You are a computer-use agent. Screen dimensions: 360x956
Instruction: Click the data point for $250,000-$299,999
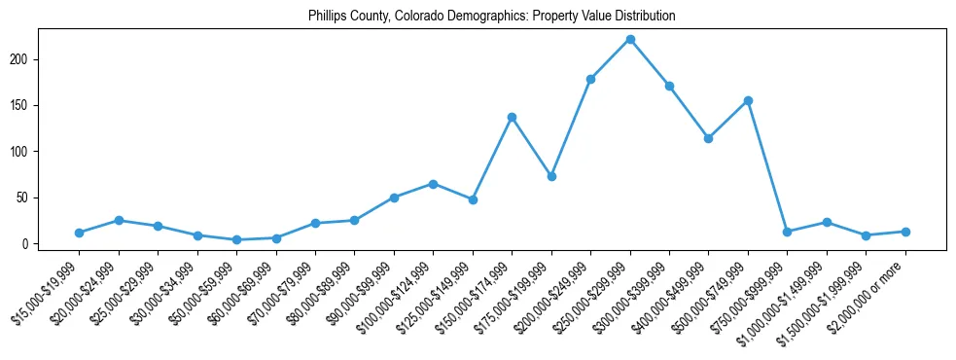click(630, 39)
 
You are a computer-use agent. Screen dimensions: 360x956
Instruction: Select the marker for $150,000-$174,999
click(512, 117)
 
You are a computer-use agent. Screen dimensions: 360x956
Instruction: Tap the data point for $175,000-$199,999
click(551, 176)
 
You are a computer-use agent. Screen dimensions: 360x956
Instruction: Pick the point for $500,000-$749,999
click(748, 100)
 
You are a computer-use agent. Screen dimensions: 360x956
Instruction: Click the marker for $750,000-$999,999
click(788, 232)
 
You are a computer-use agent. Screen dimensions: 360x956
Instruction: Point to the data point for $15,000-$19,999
click(79, 233)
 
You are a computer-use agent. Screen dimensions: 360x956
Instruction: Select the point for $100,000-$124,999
click(433, 183)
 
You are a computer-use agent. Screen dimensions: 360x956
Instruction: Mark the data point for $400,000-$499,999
click(709, 138)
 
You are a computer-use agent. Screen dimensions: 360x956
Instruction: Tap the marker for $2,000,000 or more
click(905, 232)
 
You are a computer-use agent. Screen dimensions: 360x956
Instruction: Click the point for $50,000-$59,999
click(236, 239)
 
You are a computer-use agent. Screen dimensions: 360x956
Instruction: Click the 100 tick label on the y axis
click(23, 152)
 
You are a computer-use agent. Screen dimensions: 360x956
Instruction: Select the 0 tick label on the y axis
click(29, 244)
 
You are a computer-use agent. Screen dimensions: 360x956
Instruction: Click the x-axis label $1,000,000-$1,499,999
click(790, 295)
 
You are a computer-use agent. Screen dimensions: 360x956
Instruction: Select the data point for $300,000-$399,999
click(669, 86)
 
